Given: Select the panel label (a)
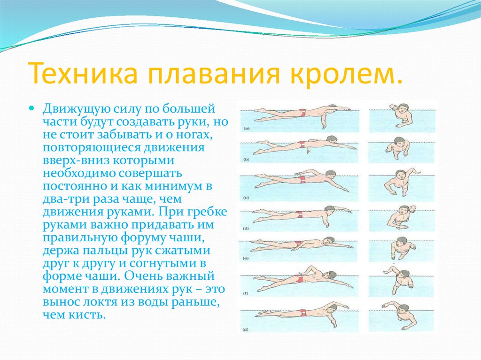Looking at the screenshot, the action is (246, 129).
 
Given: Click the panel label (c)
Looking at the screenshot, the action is (246, 198).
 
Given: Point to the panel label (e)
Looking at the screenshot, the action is (245, 258).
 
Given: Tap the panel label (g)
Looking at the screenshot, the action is (245, 330).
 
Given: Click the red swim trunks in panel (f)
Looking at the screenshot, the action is (300, 279).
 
